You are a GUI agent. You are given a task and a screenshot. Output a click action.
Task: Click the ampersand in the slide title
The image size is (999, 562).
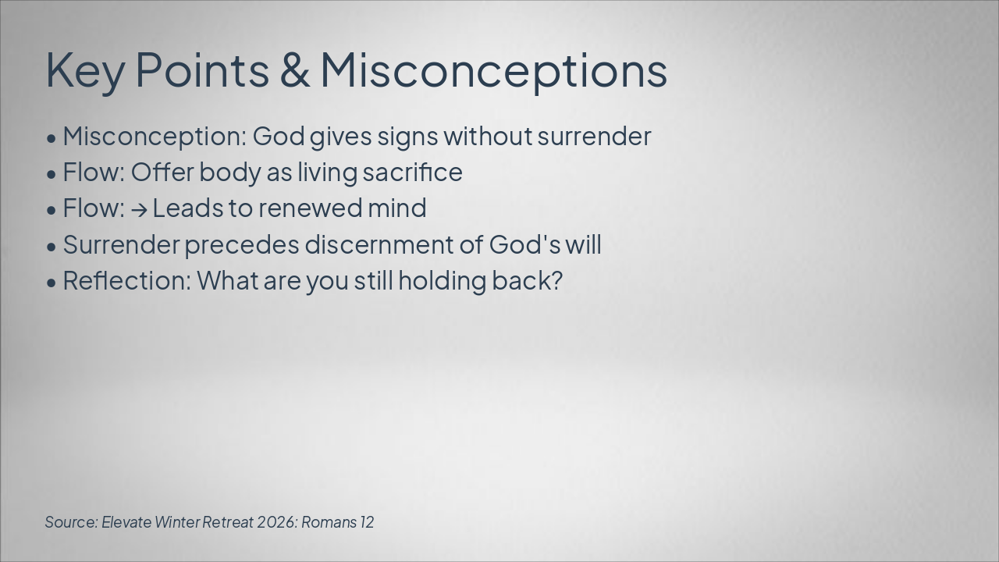(x=295, y=69)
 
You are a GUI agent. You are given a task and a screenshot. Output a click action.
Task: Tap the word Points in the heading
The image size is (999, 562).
(x=202, y=69)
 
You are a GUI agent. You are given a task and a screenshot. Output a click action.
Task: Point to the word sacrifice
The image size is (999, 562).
(x=413, y=172)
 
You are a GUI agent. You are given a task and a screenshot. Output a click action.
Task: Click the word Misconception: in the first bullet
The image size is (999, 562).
(x=155, y=137)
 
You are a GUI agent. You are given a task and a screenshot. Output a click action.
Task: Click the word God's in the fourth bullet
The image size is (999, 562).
(x=524, y=244)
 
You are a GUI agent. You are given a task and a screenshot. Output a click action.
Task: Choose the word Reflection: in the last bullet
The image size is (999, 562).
(x=127, y=280)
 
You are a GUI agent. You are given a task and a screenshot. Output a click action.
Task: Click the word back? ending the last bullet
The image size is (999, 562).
(x=527, y=280)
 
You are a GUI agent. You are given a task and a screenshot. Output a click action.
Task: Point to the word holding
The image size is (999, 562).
(x=442, y=282)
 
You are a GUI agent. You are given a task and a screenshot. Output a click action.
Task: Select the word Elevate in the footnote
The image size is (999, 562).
(x=126, y=522)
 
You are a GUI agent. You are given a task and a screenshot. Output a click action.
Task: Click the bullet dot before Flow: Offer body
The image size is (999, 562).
(x=52, y=174)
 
